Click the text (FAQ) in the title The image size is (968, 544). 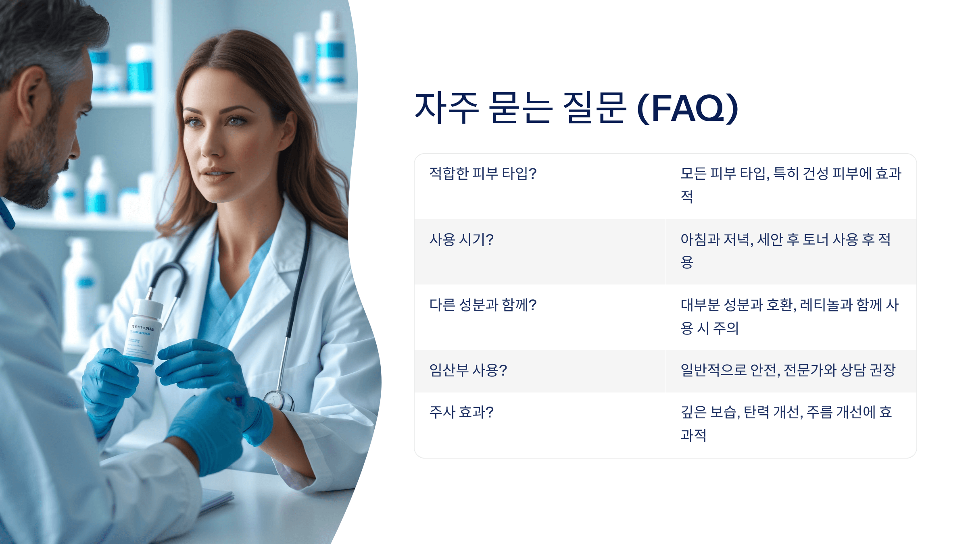coord(688,108)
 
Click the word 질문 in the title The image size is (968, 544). coord(595,108)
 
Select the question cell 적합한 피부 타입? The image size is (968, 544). coord(483,174)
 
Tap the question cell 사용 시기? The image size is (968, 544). coord(461,240)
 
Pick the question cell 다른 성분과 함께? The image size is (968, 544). coord(483,305)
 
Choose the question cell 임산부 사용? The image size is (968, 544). coord(468,370)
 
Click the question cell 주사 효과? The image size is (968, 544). coord(461,412)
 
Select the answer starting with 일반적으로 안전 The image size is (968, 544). coord(788,370)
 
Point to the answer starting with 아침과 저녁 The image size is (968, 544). coord(785,250)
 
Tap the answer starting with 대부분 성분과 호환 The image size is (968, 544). coord(789,316)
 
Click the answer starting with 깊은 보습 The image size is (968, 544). coord(786,423)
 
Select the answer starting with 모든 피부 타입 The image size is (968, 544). coord(791,184)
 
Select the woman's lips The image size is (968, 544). coord(218,174)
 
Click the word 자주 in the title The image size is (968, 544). coord(447,108)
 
